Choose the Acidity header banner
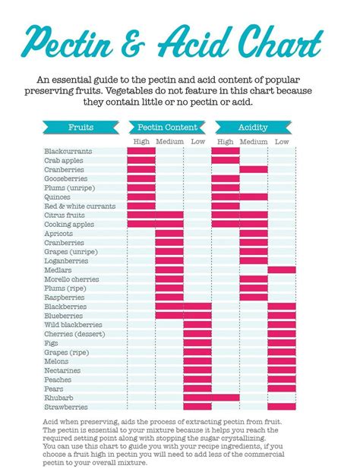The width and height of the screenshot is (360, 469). coord(252,127)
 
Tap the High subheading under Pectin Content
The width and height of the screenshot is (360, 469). coord(141,142)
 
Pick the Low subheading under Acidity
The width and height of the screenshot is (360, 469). coord(282,142)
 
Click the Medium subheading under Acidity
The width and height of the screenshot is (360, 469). coord(254,142)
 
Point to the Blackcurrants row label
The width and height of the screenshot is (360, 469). coord(68,152)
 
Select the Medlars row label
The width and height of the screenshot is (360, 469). coord(58,270)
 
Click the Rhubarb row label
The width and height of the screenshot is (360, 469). coord(58,398)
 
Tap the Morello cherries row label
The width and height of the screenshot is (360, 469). coord(73,279)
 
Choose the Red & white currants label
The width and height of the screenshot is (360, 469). coord(80,206)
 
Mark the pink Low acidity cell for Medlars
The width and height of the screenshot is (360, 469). coord(282,270)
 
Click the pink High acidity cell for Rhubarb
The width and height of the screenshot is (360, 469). coord(226,398)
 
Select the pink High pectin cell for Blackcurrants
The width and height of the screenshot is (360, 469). coord(141,152)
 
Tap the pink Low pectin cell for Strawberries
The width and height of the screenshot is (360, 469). coord(197,407)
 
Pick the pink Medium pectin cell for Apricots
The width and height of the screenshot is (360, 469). coord(169,234)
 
